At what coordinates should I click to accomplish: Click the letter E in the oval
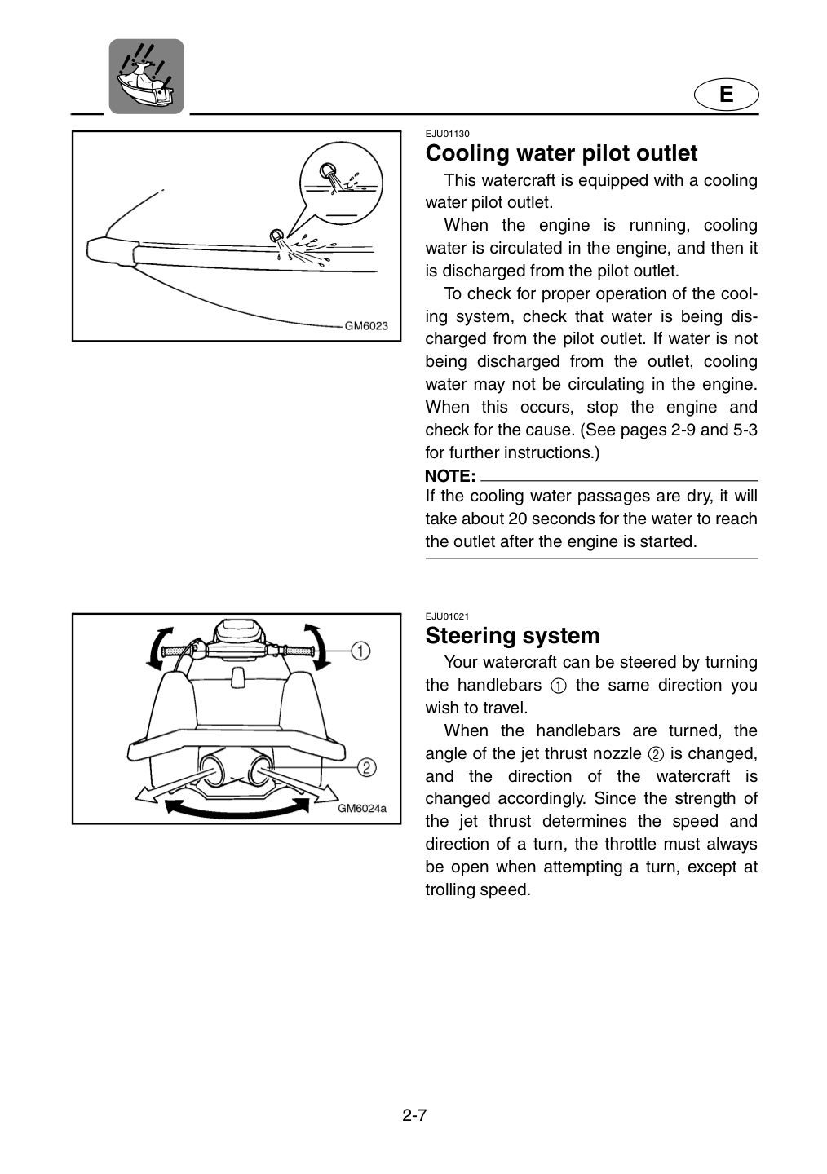(726, 95)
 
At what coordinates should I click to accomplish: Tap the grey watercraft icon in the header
(146, 77)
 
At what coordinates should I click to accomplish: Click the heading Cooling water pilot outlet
(561, 153)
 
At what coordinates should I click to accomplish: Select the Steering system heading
(512, 636)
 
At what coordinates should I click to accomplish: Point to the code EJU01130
(447, 135)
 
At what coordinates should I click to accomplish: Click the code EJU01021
(447, 616)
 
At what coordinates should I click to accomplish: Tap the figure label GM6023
(366, 326)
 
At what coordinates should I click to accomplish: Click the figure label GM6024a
(362, 808)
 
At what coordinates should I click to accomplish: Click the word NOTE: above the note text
(450, 476)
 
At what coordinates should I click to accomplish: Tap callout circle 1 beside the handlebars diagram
(360, 651)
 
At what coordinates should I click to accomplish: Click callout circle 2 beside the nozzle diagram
(366, 767)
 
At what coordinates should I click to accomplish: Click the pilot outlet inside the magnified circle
(329, 171)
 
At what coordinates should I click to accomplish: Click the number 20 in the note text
(517, 519)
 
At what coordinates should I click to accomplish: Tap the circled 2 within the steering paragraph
(656, 754)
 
